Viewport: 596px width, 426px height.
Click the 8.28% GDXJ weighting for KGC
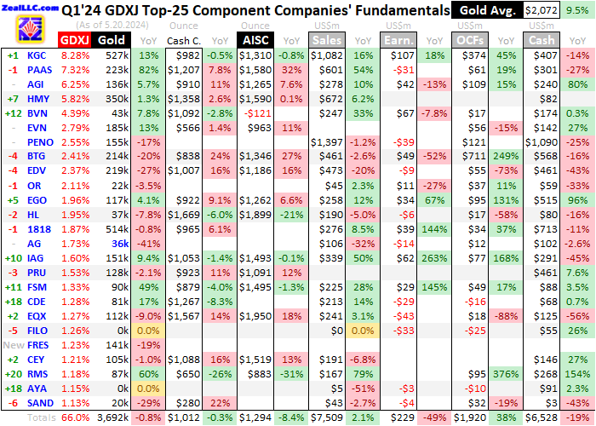tap(75, 55)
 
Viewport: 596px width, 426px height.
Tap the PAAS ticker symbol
tap(41, 69)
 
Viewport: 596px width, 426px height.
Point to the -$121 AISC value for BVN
tap(255, 112)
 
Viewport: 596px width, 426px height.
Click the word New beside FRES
tap(14, 345)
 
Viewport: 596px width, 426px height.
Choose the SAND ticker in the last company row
tap(41, 403)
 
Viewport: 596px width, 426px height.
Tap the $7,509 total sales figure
tap(327, 417)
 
